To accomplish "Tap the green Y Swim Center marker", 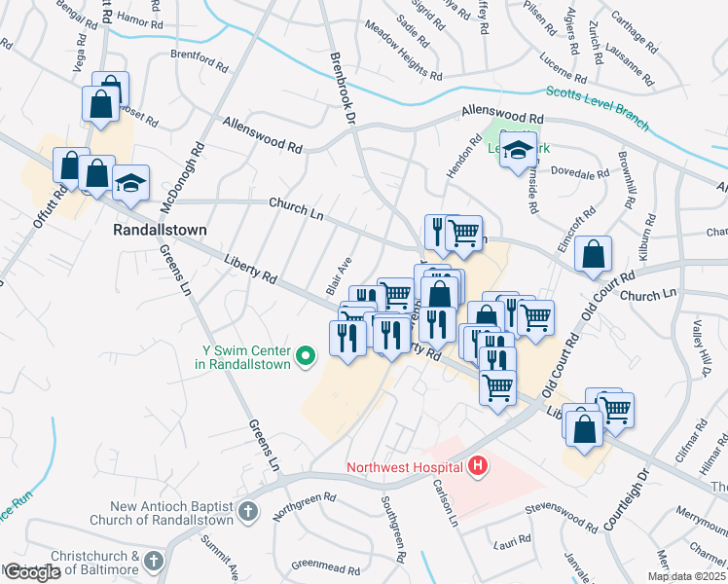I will click(305, 357).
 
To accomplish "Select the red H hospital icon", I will click(477, 467).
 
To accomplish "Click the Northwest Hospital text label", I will click(406, 468).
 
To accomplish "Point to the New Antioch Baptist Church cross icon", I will click(248, 511).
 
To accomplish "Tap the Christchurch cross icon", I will click(153, 560).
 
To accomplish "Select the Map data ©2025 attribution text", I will click(687, 576).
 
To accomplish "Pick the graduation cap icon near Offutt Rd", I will click(129, 184).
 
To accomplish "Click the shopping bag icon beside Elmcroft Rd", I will click(593, 256).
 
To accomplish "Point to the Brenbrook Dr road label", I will click(344, 89).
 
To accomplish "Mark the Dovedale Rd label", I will click(579, 171).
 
